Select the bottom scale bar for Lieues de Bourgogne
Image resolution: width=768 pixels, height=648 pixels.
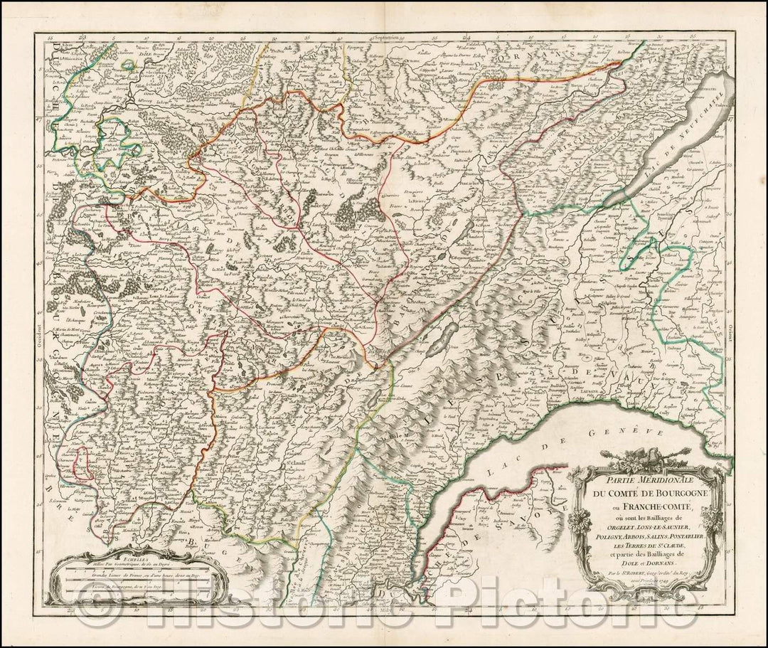coord(135,590)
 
